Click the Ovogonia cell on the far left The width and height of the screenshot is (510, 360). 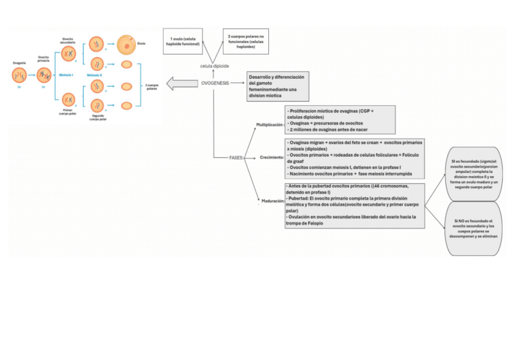coord(19,75)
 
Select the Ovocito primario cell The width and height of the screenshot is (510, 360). coord(44,75)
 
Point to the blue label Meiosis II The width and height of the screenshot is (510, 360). coord(94,75)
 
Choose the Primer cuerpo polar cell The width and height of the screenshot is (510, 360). coord(68,99)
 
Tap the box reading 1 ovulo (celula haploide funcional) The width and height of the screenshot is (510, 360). coord(182,41)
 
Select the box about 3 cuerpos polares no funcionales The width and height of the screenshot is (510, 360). coord(245,41)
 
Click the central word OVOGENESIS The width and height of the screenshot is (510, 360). coord(215,83)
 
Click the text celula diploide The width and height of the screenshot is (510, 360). coord(215,65)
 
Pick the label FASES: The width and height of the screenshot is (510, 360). coord(237,157)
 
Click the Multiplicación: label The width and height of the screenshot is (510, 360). coord(269,124)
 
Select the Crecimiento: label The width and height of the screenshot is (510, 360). coord(272,157)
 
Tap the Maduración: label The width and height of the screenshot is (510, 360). coord(272,201)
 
